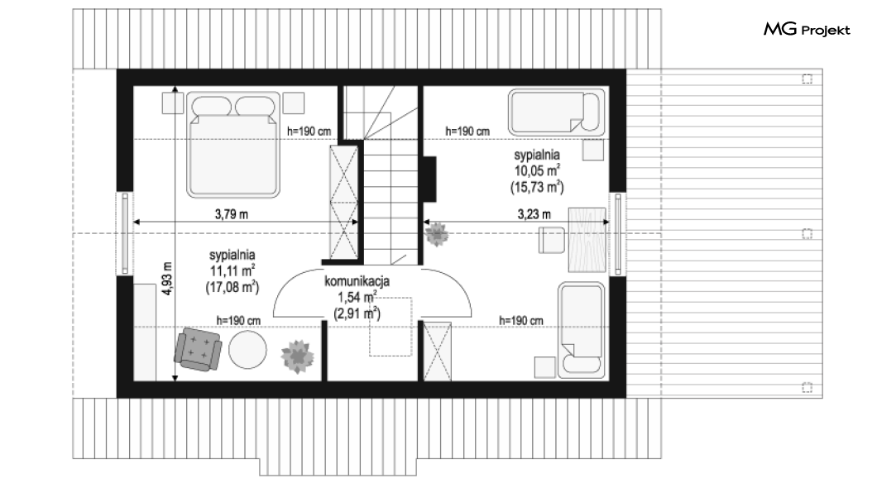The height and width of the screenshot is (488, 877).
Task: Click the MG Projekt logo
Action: click(807, 30)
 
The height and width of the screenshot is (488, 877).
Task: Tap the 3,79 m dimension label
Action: click(232, 213)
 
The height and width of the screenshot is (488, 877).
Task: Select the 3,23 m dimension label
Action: click(534, 213)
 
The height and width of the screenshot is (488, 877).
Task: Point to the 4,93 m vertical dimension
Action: click(166, 279)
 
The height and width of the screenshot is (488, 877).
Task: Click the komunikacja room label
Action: click(357, 281)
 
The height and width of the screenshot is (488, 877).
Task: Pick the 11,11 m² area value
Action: click(232, 271)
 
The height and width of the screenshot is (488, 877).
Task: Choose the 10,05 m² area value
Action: click(538, 170)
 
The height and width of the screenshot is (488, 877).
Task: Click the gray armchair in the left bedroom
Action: click(198, 349)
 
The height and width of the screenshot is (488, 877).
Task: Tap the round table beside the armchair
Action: click(247, 350)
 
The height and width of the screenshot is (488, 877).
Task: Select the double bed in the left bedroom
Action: click(232, 145)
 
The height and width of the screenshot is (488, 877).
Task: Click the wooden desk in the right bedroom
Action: click(587, 240)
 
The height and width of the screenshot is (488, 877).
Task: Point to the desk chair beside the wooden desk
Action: click(552, 241)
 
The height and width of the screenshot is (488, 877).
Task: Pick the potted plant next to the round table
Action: click(297, 356)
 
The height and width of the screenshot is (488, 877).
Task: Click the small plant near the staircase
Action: click(436, 233)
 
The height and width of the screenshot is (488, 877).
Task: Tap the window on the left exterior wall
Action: click(125, 233)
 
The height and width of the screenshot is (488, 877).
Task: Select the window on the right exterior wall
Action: click(617, 233)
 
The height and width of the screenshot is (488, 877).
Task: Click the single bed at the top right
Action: click(557, 112)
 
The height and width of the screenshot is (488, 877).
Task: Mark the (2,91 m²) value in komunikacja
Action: click(357, 313)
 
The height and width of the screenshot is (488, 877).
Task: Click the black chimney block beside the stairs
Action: click(429, 179)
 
